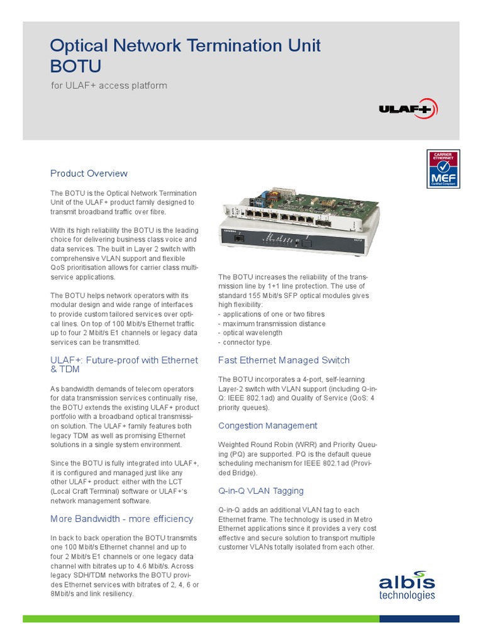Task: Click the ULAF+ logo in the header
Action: point(405,108)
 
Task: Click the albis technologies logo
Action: point(406,585)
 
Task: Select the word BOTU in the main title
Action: point(75,66)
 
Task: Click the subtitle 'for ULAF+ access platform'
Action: point(109,86)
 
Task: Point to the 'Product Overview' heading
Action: point(89,174)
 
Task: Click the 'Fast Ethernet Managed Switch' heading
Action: point(284,360)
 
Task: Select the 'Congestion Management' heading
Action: point(267,426)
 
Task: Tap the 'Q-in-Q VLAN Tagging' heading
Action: point(260,491)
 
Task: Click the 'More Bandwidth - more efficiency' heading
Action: point(121,519)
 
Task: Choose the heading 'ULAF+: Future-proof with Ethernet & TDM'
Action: point(124,365)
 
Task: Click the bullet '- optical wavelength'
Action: point(250,333)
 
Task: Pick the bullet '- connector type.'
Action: point(245,342)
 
